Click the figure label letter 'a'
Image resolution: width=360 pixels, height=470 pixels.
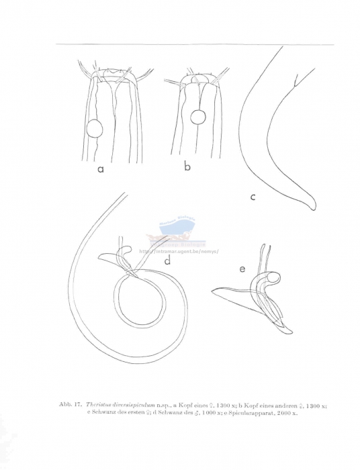101,170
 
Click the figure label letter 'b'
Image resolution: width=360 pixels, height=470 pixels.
187,166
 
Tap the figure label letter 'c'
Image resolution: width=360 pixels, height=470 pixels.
253,197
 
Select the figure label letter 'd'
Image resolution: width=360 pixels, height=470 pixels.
168,261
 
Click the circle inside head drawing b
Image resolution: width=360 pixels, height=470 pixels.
197,117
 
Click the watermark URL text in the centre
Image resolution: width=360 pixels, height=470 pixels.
179,251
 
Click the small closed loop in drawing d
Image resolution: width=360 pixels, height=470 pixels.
140,299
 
